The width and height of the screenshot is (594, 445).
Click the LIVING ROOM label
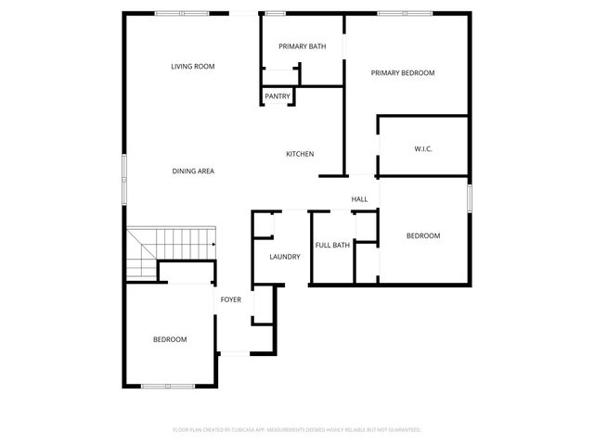[193, 66]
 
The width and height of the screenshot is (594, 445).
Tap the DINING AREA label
[193, 172]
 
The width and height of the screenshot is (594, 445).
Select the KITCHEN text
[299, 154]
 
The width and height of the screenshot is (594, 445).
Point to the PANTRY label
[278, 96]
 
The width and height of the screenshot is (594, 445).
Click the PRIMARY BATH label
[302, 46]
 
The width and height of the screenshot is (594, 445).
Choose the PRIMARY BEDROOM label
[403, 73]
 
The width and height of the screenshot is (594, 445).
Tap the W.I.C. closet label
[423, 149]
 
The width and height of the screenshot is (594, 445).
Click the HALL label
[359, 199]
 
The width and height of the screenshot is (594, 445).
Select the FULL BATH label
[332, 246]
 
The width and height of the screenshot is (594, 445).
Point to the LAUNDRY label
[285, 257]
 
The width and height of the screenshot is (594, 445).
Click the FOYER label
[230, 300]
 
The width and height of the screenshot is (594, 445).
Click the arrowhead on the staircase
[213, 245]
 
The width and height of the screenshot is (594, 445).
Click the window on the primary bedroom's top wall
[405, 13]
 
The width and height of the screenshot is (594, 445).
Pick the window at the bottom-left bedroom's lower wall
[168, 386]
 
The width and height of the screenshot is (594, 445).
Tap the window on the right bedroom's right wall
[470, 197]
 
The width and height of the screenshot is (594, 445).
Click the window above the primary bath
[276, 13]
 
